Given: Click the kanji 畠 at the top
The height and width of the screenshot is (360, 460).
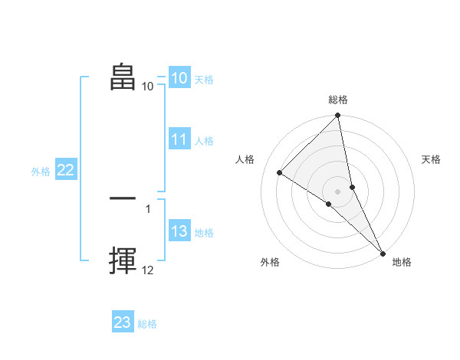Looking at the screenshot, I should click(x=123, y=77).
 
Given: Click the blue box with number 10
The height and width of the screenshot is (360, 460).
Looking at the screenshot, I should click(x=179, y=78).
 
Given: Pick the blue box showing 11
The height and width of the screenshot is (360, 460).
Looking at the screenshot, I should click(x=179, y=139).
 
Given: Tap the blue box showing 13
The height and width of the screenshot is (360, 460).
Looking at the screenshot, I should click(x=179, y=232).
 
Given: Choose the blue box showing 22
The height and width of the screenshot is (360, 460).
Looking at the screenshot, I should click(x=65, y=171).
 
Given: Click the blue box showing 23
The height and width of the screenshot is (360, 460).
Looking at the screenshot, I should click(x=123, y=322).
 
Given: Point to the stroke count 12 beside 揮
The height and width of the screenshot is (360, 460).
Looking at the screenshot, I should click(x=148, y=270).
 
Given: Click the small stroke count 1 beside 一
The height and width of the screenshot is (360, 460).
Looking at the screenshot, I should click(x=148, y=208).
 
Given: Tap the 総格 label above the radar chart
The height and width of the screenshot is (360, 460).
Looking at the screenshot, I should click(x=338, y=100).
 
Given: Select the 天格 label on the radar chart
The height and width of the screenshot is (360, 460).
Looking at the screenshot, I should click(x=432, y=159).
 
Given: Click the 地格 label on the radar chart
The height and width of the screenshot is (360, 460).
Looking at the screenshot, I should click(x=402, y=262).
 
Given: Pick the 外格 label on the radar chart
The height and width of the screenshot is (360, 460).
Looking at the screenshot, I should click(x=270, y=262).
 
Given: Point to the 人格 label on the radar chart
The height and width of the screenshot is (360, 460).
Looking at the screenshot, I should click(x=245, y=159).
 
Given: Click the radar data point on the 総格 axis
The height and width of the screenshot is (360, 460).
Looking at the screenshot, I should click(x=338, y=116).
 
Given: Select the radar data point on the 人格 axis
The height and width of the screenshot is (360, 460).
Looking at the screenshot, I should click(x=280, y=172).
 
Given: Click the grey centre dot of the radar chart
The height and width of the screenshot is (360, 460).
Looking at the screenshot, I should click(x=337, y=191).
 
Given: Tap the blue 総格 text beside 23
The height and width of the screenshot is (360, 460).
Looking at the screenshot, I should click(x=147, y=324).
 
